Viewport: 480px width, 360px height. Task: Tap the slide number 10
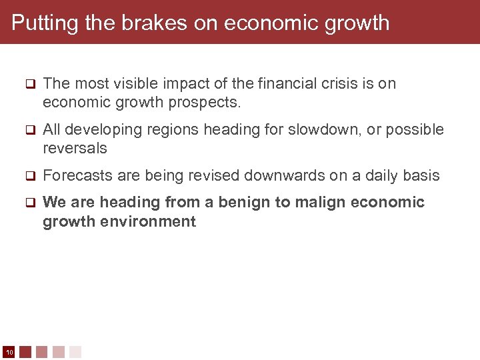click(x=9, y=352)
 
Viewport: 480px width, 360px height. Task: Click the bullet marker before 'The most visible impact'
click(x=29, y=84)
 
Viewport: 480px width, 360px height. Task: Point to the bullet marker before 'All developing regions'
click(x=29, y=130)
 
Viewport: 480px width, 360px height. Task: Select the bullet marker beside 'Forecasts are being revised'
click(x=29, y=176)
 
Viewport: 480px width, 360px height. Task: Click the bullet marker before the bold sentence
click(x=29, y=202)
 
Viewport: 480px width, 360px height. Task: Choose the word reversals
click(x=75, y=148)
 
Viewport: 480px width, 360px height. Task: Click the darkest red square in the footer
click(x=25, y=352)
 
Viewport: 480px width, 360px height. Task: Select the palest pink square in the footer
click(x=75, y=352)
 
